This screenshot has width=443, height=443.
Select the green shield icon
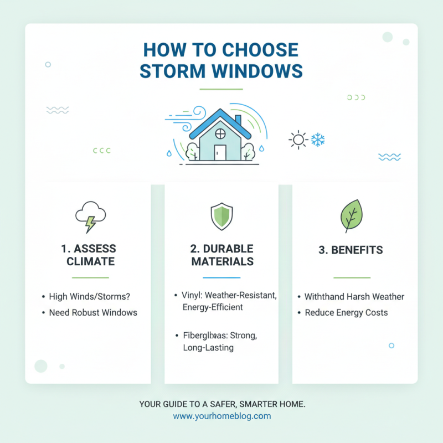click(x=221, y=217)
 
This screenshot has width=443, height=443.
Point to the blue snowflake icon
click(x=317, y=140)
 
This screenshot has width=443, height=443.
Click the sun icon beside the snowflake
click(x=298, y=140)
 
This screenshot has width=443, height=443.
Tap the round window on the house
click(x=220, y=133)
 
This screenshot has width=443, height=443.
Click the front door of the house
click(x=220, y=152)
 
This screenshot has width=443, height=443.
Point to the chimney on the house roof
click(x=238, y=121)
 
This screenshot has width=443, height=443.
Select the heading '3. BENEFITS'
click(x=351, y=250)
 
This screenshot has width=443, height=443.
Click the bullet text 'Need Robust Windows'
click(x=92, y=312)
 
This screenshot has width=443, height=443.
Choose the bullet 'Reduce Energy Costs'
click(x=346, y=312)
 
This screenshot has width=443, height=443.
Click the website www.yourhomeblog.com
click(x=221, y=416)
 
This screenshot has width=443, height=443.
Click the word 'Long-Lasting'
click(x=208, y=348)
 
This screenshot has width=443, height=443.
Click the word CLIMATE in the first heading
click(x=91, y=261)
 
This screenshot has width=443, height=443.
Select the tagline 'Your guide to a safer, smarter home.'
click(x=221, y=405)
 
